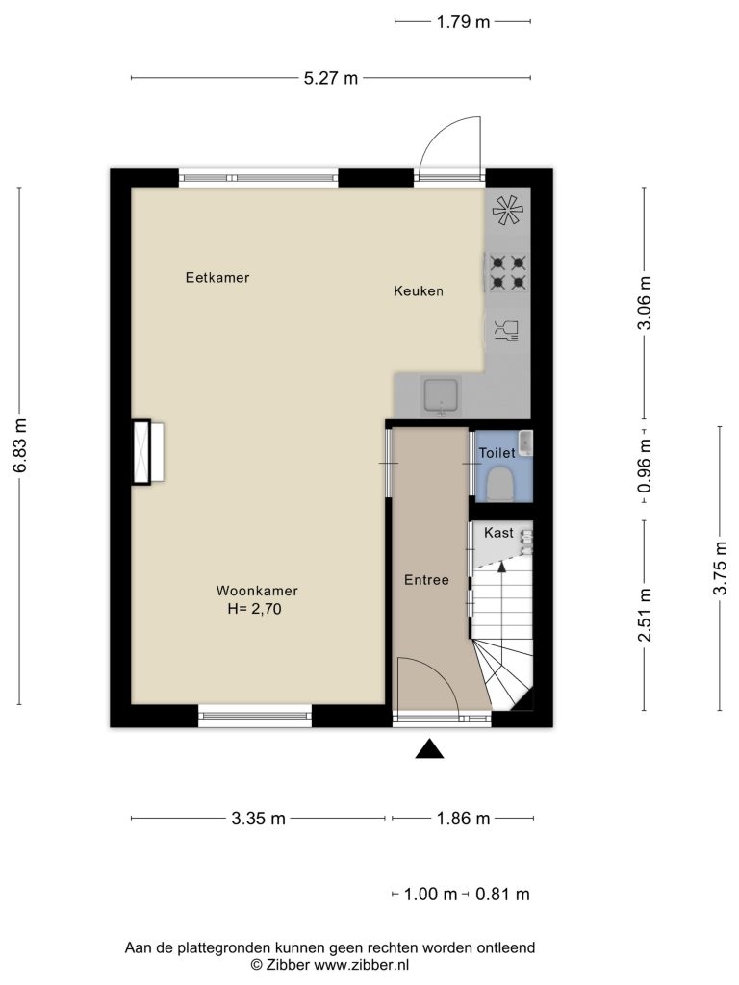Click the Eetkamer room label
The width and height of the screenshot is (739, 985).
(217, 277)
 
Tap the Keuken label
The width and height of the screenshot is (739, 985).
(419, 290)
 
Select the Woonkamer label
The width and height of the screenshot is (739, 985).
(257, 591)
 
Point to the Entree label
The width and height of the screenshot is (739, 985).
(426, 580)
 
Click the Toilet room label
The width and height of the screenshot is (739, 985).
(497, 453)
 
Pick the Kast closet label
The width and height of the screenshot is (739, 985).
(499, 533)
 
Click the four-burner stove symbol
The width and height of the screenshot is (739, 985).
(508, 272)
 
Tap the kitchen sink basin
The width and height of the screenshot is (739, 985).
(443, 395)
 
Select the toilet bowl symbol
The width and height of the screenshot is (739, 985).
(501, 485)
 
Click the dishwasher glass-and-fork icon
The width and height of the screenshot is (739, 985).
(506, 330)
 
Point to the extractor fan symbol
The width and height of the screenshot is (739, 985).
(508, 210)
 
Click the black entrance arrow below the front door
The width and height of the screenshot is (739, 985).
(430, 748)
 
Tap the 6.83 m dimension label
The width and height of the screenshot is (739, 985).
(20, 445)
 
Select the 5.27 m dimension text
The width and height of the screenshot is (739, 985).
(331, 78)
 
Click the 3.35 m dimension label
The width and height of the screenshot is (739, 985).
(258, 819)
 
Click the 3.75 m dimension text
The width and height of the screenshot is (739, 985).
(720, 568)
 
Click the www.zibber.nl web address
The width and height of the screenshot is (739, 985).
(362, 964)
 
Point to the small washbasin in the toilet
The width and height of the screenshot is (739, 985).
(526, 442)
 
